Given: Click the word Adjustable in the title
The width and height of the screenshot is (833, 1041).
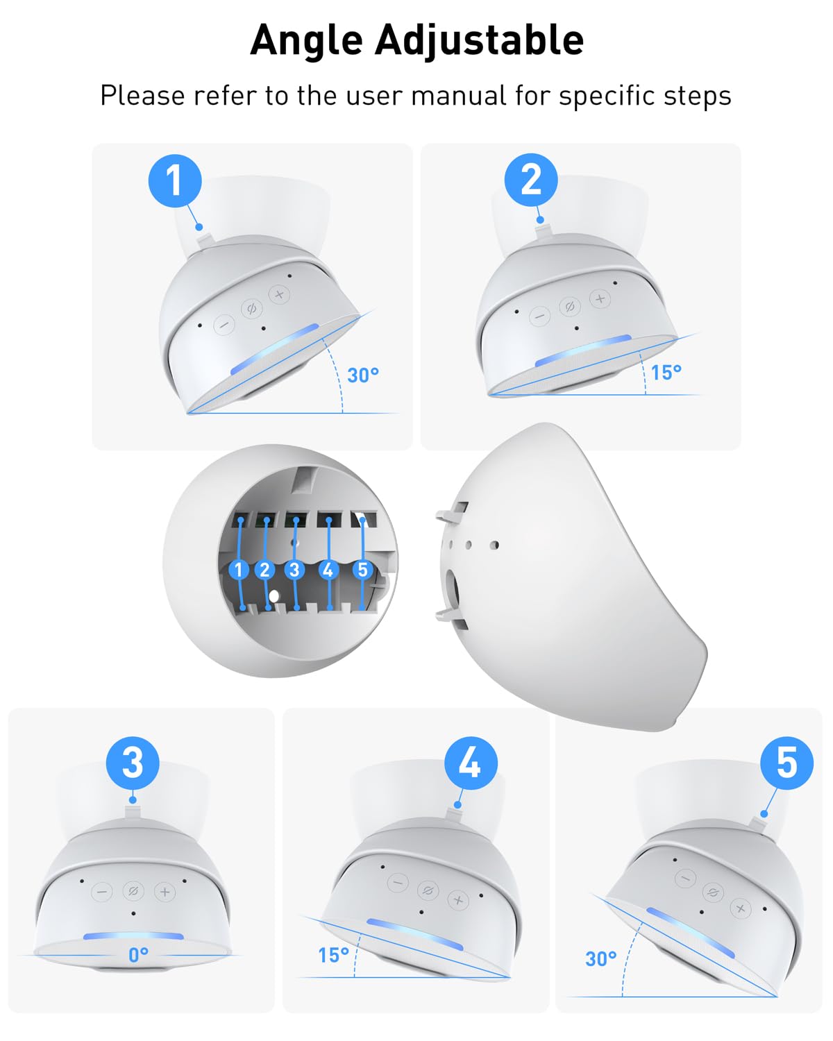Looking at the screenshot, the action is click(480, 41).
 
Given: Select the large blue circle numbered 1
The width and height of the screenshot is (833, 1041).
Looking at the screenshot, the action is click(175, 181).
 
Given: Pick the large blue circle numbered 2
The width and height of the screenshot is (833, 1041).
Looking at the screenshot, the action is click(531, 180).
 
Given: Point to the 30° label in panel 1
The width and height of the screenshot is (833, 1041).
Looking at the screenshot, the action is click(363, 375).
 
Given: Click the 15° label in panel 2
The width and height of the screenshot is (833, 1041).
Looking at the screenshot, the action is click(666, 372).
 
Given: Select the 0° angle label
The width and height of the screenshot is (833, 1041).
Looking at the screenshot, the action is click(138, 954).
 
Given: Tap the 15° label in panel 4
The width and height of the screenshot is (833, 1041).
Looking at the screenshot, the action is click(333, 955).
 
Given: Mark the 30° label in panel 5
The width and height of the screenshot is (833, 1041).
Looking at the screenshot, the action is click(600, 958).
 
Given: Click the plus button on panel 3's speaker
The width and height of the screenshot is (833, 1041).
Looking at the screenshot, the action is click(165, 892).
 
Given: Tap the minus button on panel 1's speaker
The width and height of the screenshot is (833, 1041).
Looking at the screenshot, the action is click(224, 325).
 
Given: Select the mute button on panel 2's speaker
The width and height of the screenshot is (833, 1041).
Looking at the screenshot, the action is click(570, 307).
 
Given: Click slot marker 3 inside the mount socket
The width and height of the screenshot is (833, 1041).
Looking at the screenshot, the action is click(294, 569).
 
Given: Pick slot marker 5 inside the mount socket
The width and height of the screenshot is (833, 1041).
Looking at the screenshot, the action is click(362, 569).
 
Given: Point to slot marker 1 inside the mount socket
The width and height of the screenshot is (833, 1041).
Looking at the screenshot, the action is click(239, 569).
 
